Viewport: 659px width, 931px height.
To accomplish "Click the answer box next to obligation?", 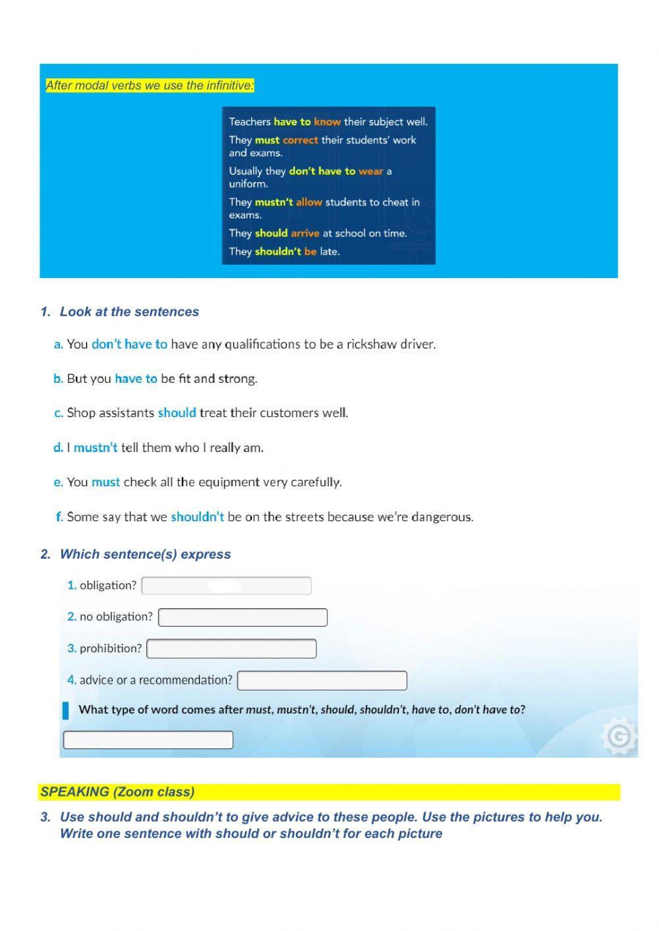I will pyautogui.click(x=226, y=585).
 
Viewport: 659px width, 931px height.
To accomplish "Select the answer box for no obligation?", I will pyautogui.click(x=243, y=617).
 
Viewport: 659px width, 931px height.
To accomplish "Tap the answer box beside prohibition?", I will pyautogui.click(x=231, y=649).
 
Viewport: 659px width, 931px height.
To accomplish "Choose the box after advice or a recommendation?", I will pyautogui.click(x=322, y=681).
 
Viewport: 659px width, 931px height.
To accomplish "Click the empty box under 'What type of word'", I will pyautogui.click(x=148, y=740).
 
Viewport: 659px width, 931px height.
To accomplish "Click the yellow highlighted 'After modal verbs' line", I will pyautogui.click(x=150, y=86).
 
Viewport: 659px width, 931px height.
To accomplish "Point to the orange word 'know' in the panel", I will pyautogui.click(x=327, y=122).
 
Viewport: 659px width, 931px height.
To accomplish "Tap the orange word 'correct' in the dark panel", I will pyautogui.click(x=300, y=140).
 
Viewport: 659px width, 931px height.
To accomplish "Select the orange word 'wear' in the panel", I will pyautogui.click(x=370, y=171).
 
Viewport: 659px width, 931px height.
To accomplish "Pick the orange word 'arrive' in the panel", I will pyautogui.click(x=304, y=233).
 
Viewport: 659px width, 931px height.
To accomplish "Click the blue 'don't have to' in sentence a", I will pyautogui.click(x=129, y=344).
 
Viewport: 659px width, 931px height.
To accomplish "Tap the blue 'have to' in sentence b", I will pyautogui.click(x=136, y=379).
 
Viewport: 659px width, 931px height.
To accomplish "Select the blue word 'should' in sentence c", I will pyautogui.click(x=177, y=413).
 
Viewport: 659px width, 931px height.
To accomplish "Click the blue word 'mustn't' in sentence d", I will pyautogui.click(x=96, y=448).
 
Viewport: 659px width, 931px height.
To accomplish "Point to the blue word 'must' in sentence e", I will pyautogui.click(x=105, y=482).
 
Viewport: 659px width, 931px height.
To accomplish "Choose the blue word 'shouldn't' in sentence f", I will pyautogui.click(x=197, y=517).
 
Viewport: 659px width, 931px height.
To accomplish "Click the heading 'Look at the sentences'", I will pyautogui.click(x=129, y=312).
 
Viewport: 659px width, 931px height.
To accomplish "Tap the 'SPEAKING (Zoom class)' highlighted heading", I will pyautogui.click(x=117, y=792).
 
